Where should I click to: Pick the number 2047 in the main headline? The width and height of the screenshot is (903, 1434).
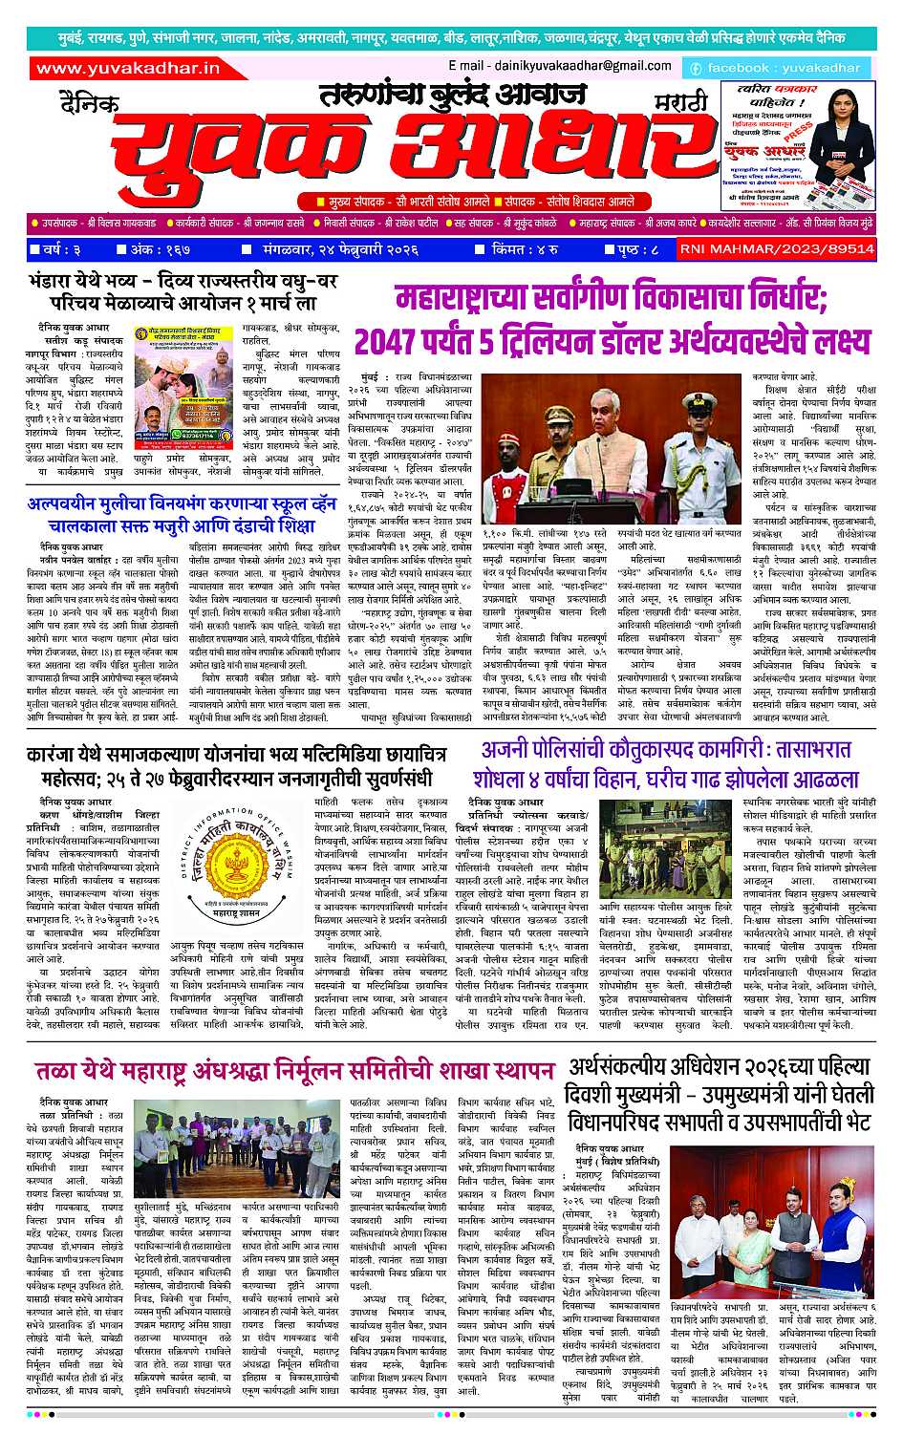389,339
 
